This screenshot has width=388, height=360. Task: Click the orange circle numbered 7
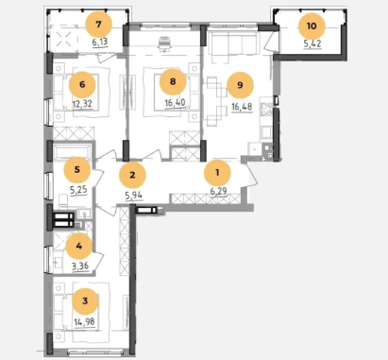[x=99, y=25]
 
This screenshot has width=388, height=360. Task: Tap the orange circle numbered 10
[x=312, y=26]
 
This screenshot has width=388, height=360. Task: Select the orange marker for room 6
[x=82, y=84]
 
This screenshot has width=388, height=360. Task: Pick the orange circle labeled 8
[x=173, y=81]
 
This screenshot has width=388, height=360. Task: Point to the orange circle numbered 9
[x=240, y=85]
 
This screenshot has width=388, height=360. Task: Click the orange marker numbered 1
[x=217, y=173]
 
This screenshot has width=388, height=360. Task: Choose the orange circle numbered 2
[x=132, y=175]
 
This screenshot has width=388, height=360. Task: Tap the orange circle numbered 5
[x=77, y=170]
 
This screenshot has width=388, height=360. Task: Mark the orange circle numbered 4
[x=79, y=246]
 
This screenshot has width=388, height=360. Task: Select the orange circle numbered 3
[x=85, y=301]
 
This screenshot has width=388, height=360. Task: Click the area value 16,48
[x=242, y=107]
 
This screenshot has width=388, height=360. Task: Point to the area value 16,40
[x=176, y=103]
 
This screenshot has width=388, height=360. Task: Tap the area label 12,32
[x=82, y=104]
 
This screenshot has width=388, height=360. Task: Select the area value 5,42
[x=312, y=43]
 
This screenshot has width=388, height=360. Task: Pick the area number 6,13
[x=100, y=42]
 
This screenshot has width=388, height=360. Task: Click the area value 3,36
[x=80, y=267]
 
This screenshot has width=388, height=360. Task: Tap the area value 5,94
[x=134, y=196]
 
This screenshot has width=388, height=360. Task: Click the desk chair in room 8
[x=166, y=43]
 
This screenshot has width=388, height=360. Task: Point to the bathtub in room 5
[x=73, y=153]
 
